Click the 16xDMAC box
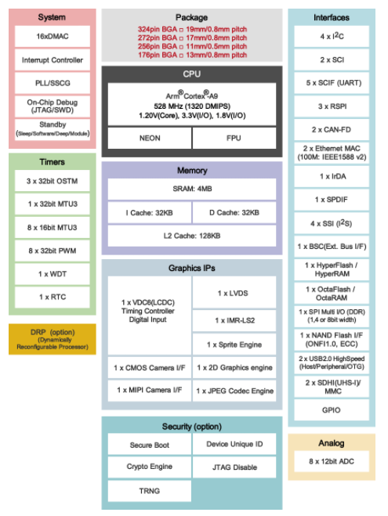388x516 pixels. [x=52, y=37]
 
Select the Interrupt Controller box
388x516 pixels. [x=52, y=60]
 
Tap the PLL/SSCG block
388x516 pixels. [x=52, y=82]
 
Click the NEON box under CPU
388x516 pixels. [x=149, y=137]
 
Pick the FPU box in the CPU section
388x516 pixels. [x=234, y=137]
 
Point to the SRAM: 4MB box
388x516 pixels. [x=192, y=189]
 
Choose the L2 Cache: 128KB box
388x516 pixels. [x=192, y=236]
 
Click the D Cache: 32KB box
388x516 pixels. [x=234, y=212]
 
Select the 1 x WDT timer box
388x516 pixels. [x=52, y=274]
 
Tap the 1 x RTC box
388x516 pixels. [x=52, y=298]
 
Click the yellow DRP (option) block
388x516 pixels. [x=52, y=339]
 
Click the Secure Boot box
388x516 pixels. [x=150, y=445]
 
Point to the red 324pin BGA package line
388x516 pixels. [x=192, y=29]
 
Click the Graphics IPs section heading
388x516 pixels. [x=192, y=268]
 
